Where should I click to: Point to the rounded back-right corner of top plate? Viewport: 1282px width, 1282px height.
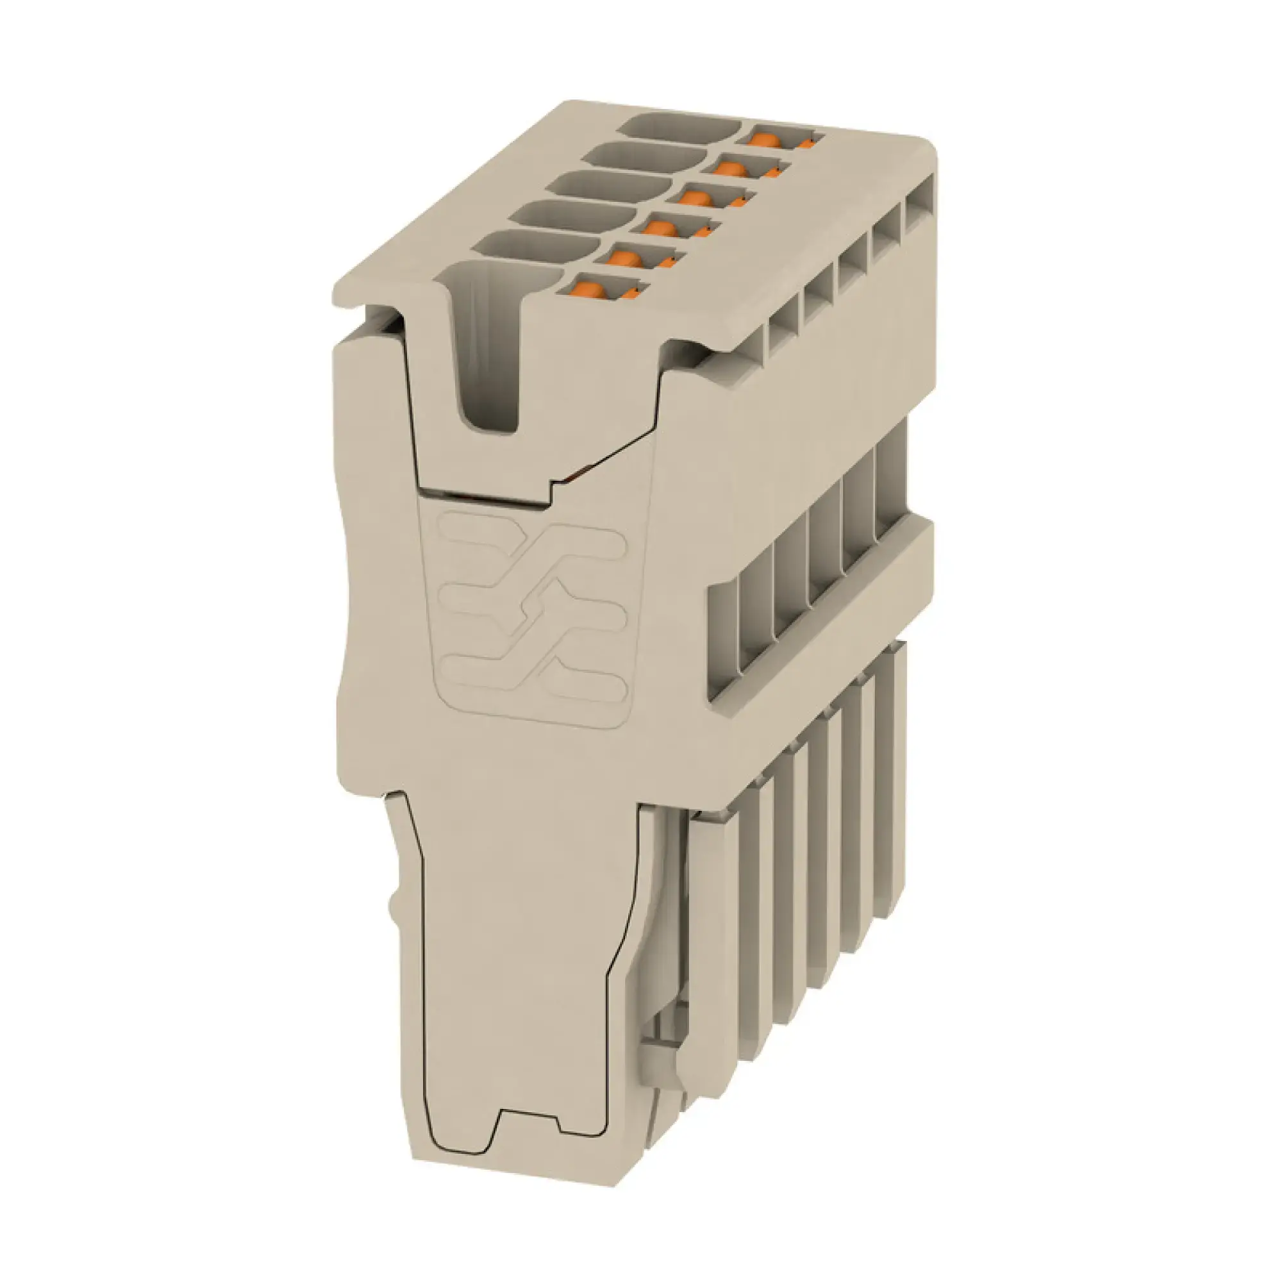[929, 149]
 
